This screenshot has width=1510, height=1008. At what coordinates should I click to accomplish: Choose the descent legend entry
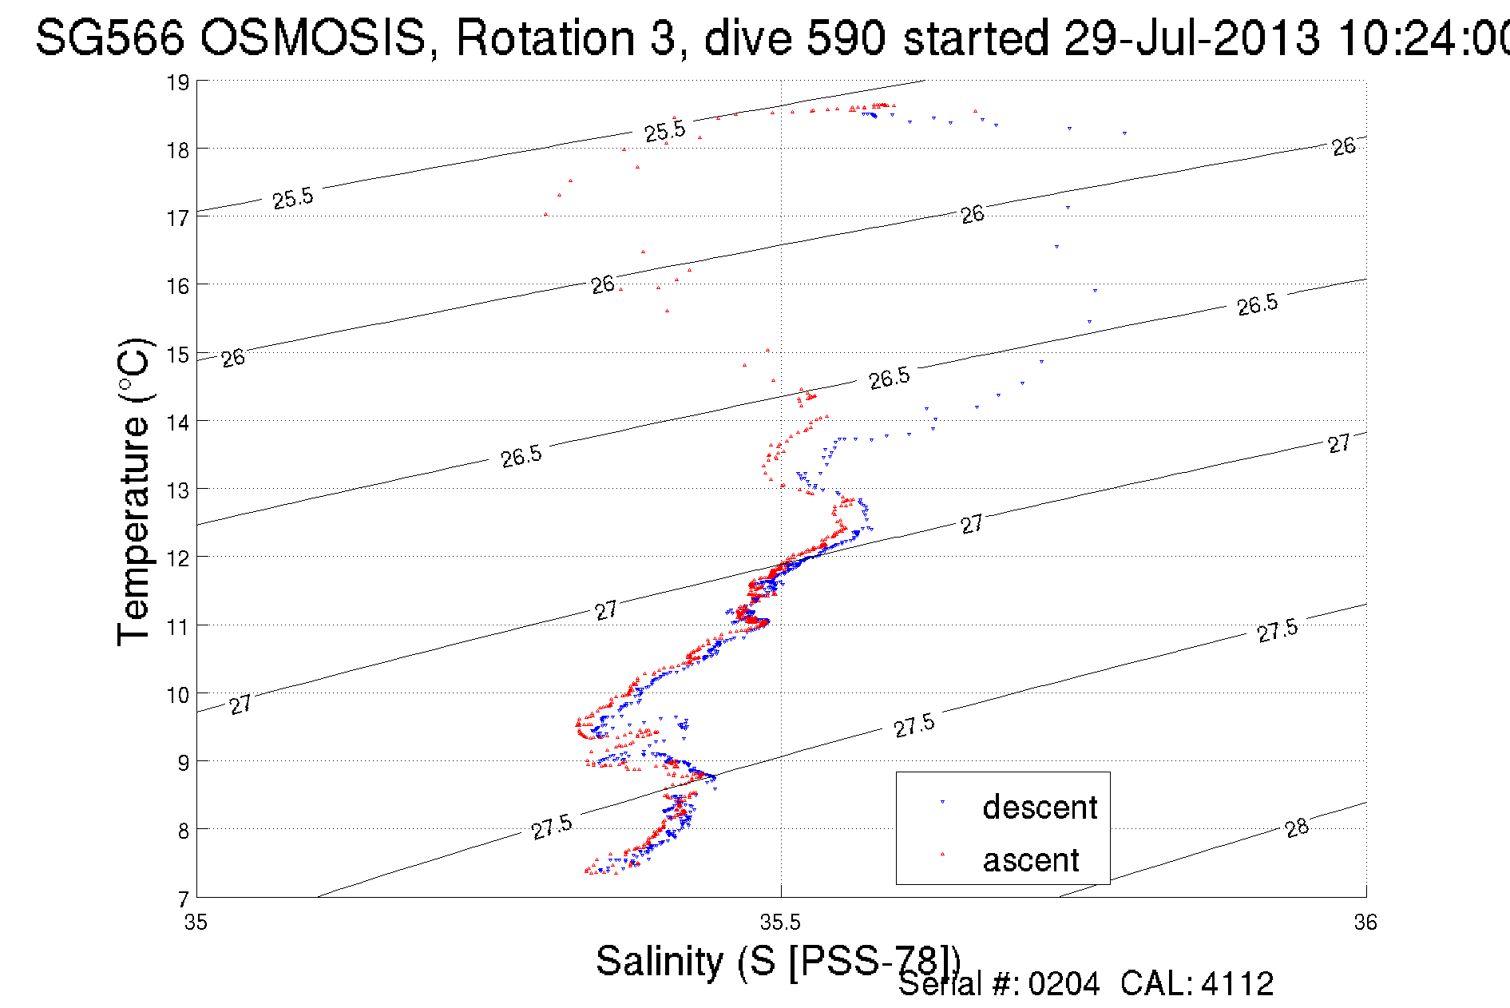(1039, 807)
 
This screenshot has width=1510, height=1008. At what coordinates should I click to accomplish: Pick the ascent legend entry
(1030, 860)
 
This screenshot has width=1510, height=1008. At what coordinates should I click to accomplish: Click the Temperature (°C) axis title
(134, 491)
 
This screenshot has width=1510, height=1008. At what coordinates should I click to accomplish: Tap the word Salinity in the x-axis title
(659, 960)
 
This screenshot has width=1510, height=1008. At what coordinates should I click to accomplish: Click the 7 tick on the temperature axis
(184, 899)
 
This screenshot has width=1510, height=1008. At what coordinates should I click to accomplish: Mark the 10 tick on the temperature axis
(178, 695)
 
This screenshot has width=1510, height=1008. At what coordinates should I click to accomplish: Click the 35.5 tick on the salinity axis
(780, 923)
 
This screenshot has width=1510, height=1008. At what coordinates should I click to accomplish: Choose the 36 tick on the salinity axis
(1365, 923)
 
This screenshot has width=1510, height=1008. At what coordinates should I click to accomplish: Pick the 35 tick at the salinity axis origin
(196, 923)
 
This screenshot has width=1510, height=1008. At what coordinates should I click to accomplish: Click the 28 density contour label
(1297, 827)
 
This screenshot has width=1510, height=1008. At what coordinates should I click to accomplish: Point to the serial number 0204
(1064, 984)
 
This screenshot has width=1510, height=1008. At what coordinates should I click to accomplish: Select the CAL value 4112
(1237, 984)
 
